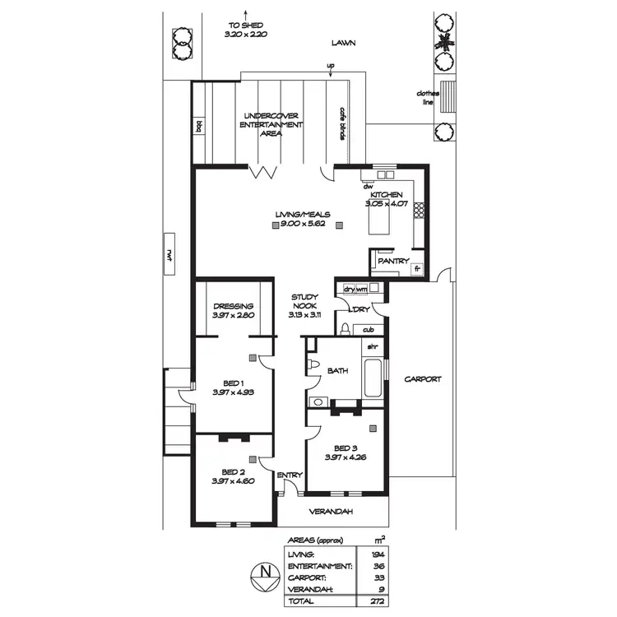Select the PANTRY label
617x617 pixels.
coord(392,262)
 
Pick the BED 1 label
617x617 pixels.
coord(233,383)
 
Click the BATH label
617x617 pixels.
coord(338,371)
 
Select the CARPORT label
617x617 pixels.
coord(423,379)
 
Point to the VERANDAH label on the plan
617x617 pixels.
coord(331,512)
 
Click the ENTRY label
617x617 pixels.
coord(290,475)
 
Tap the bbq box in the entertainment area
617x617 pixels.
coord(199,126)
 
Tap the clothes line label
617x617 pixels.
coord(427,98)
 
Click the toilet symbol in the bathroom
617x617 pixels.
coord(313,364)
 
